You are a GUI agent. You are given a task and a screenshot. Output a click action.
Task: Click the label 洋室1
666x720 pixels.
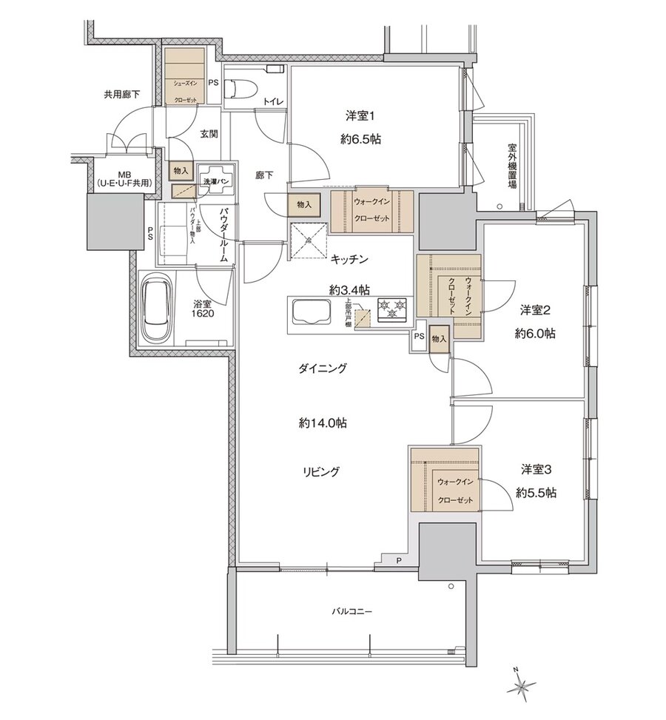(x=362, y=115)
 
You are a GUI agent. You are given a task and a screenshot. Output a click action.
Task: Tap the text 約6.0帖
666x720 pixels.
(x=535, y=334)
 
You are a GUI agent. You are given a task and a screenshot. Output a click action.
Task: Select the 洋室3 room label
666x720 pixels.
(x=536, y=469)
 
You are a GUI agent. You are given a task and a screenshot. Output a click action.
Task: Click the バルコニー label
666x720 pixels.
(x=351, y=612)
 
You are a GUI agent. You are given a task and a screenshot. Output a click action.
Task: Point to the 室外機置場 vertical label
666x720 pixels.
(x=512, y=166)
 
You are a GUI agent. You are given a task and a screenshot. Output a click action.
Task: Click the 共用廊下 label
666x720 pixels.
(x=121, y=95)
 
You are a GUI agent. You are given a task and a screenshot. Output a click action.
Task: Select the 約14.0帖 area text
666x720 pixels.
(x=323, y=424)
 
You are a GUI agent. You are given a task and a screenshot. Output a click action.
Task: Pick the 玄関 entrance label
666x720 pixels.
(x=208, y=134)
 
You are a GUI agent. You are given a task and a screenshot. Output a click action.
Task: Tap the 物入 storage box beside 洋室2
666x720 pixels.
(x=439, y=339)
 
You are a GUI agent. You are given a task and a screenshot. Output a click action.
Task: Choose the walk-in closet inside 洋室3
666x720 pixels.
(x=445, y=480)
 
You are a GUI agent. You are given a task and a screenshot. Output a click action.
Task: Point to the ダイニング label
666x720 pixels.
(x=323, y=368)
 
